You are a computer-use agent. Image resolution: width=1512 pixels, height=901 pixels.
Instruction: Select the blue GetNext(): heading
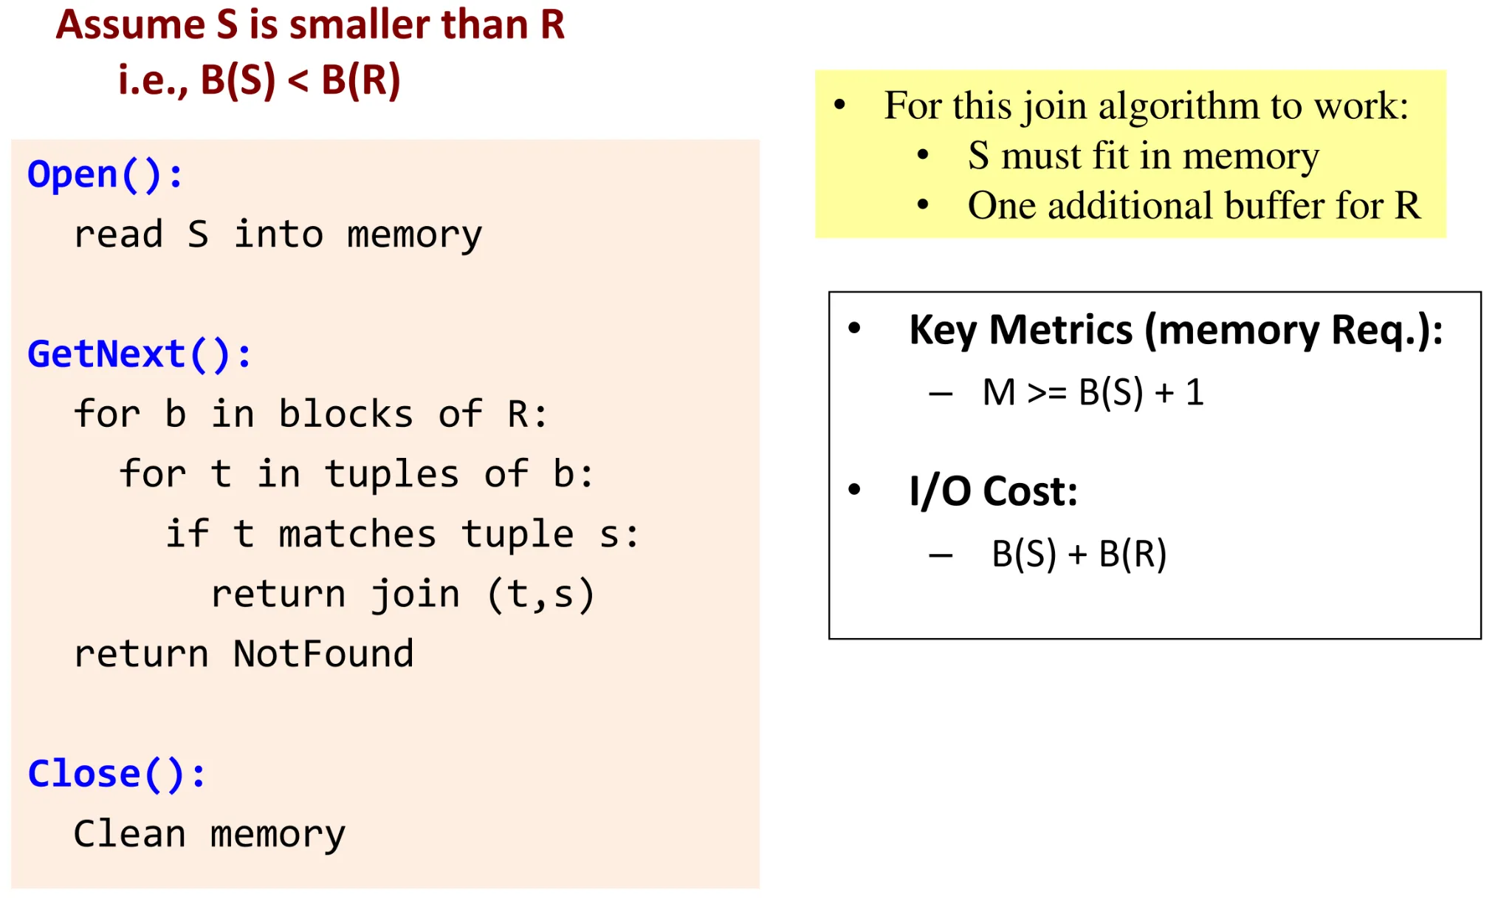coord(139,354)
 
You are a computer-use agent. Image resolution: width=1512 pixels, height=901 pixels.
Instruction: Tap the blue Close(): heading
coord(116,775)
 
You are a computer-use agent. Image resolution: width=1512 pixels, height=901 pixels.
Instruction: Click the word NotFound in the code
coord(323,654)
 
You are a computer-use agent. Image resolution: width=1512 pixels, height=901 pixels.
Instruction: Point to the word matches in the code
coord(357,535)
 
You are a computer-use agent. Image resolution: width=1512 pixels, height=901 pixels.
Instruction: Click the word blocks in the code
coord(346,414)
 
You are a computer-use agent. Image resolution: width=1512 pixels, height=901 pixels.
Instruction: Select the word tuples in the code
coord(391,474)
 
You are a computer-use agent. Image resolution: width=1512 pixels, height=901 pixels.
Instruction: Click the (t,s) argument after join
coord(540,595)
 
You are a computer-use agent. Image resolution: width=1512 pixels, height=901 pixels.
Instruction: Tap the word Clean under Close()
coord(129,835)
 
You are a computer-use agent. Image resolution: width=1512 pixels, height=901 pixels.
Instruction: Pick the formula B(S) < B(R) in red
coord(300,80)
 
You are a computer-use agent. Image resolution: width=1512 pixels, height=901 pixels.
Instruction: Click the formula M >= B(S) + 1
coord(1093,392)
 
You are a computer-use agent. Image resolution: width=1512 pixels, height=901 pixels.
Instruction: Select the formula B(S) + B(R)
coord(1079,554)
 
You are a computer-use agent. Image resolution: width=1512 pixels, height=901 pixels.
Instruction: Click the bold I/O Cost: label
coord(993,491)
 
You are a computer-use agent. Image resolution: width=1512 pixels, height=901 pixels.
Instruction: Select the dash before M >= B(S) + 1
coord(941,394)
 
